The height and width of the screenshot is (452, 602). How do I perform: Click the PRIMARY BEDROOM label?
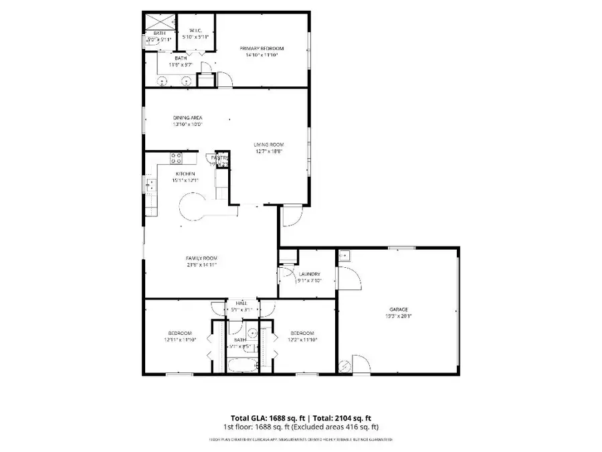pos(262,48)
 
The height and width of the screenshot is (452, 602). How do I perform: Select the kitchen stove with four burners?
pos(177,159)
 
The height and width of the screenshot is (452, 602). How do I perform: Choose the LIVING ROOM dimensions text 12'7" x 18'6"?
pos(269,151)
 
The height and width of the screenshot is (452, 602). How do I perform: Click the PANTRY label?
pos(220,158)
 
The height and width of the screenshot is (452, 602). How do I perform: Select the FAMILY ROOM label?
pos(201,258)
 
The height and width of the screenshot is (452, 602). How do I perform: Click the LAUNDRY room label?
pos(309,274)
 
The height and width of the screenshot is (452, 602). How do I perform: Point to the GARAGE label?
pos(399,309)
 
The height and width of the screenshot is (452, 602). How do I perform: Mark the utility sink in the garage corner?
pos(346,256)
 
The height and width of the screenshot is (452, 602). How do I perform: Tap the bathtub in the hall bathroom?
pos(242,366)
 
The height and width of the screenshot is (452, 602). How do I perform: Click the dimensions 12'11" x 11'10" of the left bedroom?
pos(180,340)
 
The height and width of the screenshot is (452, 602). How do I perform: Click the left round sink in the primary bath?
pos(163,81)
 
